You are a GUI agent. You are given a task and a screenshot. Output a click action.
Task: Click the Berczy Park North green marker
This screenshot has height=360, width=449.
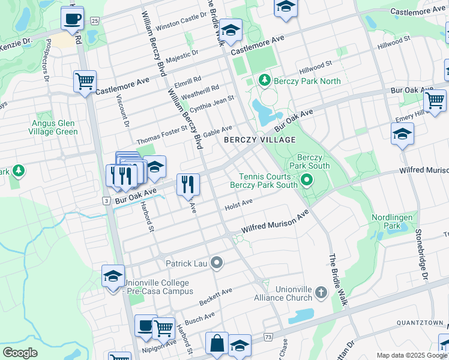click(264, 80)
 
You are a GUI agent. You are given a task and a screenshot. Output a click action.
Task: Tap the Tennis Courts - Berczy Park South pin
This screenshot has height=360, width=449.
click(307, 179)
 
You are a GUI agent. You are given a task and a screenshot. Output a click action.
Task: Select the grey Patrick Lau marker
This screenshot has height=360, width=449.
click(217, 263)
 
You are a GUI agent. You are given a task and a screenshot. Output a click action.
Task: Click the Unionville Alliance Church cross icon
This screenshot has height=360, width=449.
click(321, 293)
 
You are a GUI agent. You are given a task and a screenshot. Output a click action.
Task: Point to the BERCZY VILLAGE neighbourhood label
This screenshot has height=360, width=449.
click(259, 140)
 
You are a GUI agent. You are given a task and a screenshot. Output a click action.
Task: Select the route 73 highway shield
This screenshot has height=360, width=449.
click(267, 338)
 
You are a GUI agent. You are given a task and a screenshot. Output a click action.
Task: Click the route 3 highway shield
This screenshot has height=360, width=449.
click(106, 199)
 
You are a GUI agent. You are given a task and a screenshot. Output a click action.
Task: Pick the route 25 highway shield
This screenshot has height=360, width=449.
click(94, 21)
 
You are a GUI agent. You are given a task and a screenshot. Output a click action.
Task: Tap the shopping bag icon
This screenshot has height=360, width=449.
click(217, 344)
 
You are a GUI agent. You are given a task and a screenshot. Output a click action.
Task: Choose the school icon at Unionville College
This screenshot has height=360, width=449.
click(113, 277)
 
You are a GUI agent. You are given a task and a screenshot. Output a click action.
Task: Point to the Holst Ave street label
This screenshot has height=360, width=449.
click(238, 205)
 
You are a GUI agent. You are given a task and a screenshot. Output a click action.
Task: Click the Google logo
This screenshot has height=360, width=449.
click(20, 352)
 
